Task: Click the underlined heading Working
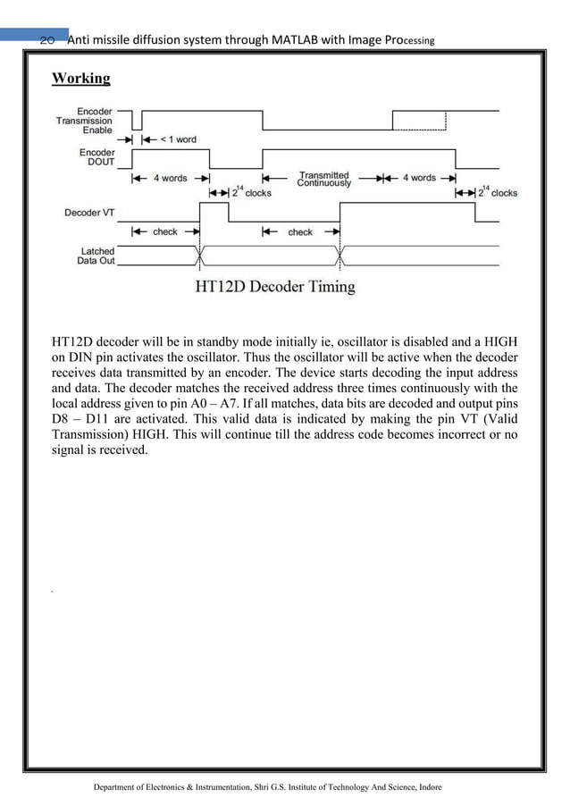coord(81,78)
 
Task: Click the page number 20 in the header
coord(48,40)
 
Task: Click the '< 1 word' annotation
coord(178,140)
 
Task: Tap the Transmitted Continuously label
coord(324,179)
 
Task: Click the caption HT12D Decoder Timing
coord(275,288)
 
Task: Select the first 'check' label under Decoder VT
coord(164,232)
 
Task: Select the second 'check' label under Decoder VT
coord(299,232)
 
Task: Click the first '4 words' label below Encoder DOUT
coord(169,178)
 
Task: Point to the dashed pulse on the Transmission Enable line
coord(423,121)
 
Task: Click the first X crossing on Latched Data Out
coord(198,256)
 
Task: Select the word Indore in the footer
coord(424,787)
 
